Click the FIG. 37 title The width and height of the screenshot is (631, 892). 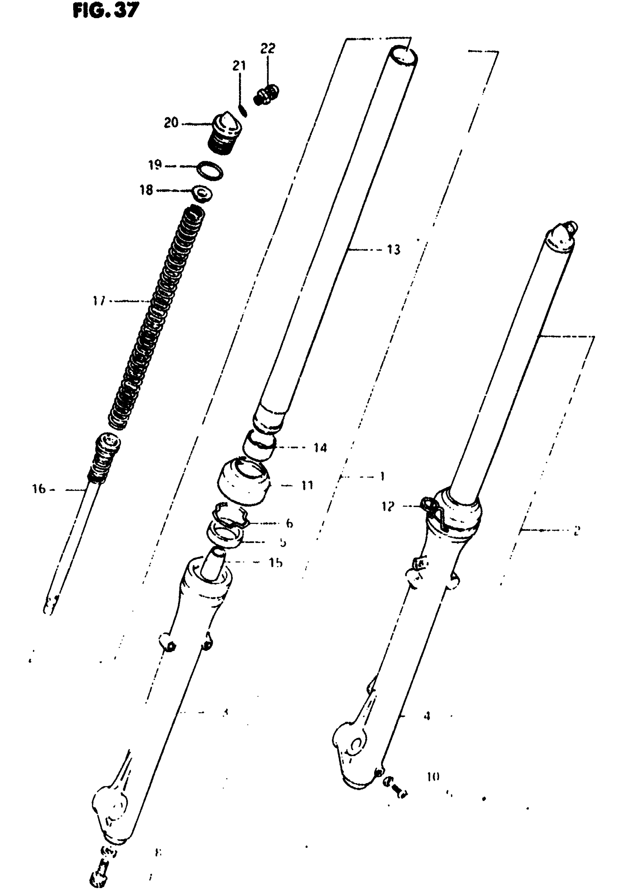click(x=105, y=10)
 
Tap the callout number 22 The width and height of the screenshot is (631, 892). click(x=268, y=49)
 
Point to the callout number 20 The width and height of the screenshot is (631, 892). click(x=171, y=123)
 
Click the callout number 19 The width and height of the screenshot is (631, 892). click(x=155, y=165)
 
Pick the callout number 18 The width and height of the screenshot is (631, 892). click(x=147, y=190)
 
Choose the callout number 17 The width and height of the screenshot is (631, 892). click(x=99, y=300)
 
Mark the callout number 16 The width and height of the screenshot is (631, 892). click(x=39, y=489)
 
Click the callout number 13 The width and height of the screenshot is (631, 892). click(x=393, y=250)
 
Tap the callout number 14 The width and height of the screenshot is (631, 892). click(x=321, y=448)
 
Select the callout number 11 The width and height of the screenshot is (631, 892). click(x=307, y=485)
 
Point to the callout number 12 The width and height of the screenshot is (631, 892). click(x=388, y=506)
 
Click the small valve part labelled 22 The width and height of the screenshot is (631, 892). click(x=267, y=95)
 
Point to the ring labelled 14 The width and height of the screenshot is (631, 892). click(x=259, y=447)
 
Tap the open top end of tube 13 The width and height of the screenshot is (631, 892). click(x=404, y=56)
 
